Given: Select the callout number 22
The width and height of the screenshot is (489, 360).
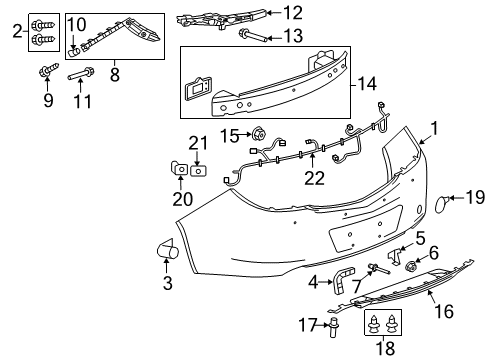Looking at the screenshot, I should click(315, 179).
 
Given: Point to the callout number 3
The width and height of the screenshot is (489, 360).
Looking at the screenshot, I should click(167, 284).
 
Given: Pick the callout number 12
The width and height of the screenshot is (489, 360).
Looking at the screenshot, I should click(292, 13).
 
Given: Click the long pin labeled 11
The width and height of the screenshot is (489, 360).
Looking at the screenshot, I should click(83, 73).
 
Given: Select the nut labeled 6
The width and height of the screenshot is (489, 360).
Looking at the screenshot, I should click(410, 268).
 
